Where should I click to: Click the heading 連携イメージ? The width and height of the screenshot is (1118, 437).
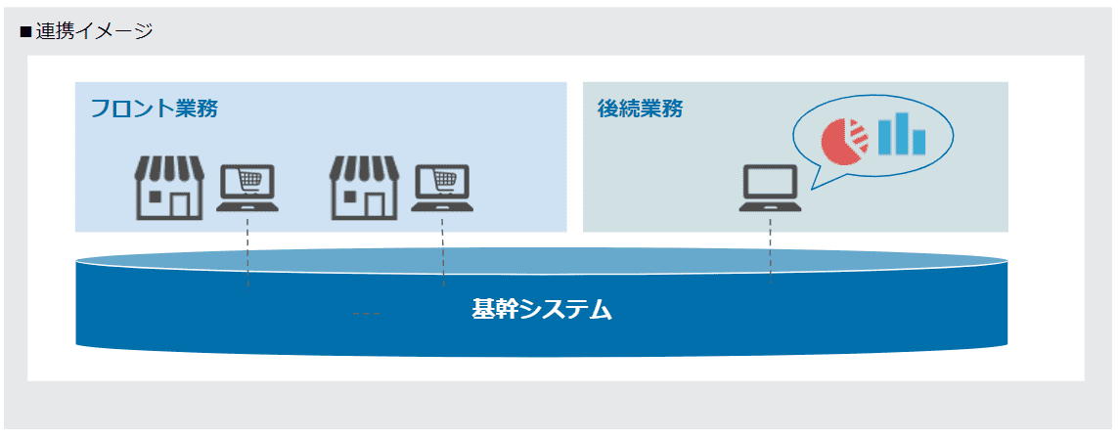pos(94,31)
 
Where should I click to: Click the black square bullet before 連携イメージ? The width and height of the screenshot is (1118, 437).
pos(25,32)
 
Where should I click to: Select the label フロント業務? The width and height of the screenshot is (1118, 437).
pos(154,109)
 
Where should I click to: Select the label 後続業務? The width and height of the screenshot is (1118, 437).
pos(640,109)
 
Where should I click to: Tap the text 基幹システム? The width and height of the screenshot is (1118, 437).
pos(542,310)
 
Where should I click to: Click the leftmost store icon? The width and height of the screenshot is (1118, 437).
pos(169,188)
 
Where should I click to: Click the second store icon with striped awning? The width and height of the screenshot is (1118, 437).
pos(364,188)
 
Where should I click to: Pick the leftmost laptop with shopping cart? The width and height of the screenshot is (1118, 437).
pos(247,189)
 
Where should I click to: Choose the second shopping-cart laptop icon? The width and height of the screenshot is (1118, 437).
pos(443,189)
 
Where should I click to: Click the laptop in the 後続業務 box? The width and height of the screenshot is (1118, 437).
pos(770,189)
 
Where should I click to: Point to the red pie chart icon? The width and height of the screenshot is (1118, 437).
pos(844,141)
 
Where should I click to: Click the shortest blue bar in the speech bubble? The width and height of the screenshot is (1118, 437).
pos(919,142)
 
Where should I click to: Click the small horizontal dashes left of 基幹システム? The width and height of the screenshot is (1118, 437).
pos(367,314)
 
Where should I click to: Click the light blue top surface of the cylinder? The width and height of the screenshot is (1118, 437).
pos(542,260)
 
